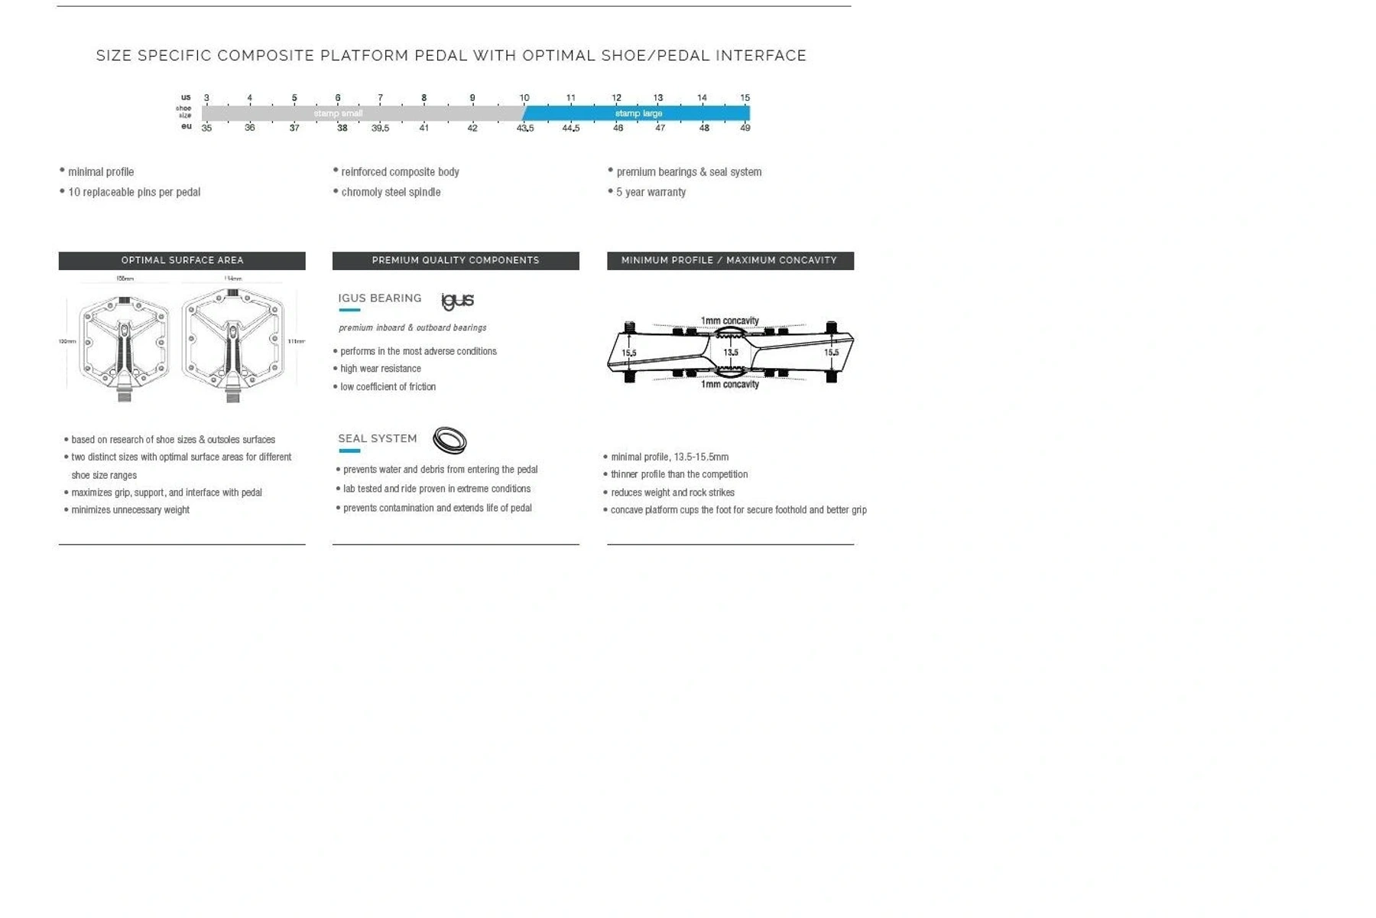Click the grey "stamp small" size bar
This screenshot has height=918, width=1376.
(x=338, y=113)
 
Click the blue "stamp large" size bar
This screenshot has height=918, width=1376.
(x=638, y=113)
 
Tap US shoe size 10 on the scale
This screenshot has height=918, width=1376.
(x=524, y=98)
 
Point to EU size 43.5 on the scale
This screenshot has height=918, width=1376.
(x=525, y=129)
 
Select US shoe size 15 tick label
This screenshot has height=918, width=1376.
(x=745, y=98)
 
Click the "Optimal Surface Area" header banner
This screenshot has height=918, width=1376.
(x=182, y=261)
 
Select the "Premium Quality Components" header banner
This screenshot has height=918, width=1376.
(x=456, y=261)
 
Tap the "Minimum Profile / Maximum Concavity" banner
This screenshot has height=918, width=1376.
(x=729, y=261)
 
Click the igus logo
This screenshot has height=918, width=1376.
(x=458, y=301)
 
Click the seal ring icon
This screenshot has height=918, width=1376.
(x=449, y=440)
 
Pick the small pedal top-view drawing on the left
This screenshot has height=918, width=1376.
(x=125, y=340)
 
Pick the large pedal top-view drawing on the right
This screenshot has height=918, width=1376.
(x=233, y=340)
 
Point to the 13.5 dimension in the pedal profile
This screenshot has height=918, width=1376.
(x=731, y=353)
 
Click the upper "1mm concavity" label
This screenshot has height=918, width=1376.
(x=729, y=321)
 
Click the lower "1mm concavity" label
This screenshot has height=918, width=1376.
(x=729, y=384)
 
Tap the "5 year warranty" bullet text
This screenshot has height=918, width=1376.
(x=651, y=193)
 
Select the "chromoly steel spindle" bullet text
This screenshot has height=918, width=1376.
(x=391, y=193)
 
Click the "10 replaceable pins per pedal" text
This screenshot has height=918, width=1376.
(x=134, y=193)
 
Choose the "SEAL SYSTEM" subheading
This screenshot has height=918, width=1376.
(x=378, y=438)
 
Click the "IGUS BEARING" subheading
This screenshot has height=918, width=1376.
(x=380, y=298)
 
